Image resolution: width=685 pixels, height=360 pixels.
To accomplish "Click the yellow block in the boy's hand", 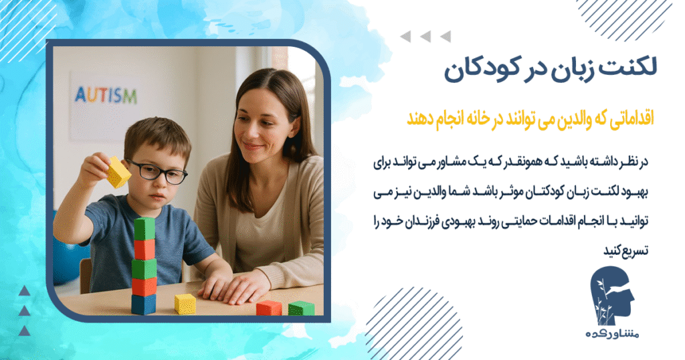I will click(x=118, y=172).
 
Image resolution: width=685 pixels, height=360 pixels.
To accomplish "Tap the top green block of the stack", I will click(x=144, y=229).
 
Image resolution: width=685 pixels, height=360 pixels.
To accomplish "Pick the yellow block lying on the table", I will click(x=184, y=304).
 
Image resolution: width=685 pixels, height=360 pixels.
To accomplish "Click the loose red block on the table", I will click(x=268, y=308).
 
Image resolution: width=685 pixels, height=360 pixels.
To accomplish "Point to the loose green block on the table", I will click(x=301, y=308).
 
